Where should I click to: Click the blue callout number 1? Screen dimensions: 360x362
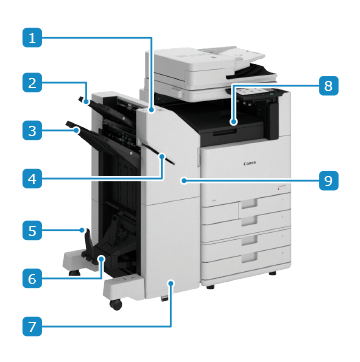pos(32,38)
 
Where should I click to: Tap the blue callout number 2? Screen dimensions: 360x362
pos(32,82)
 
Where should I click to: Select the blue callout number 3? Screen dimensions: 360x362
pos(32,130)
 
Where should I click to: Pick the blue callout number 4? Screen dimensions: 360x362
pos(32,180)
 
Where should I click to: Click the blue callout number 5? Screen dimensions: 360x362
pos(32,230)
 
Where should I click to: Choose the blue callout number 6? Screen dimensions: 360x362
pos(32,278)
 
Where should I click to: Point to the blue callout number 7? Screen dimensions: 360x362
pos(32,326)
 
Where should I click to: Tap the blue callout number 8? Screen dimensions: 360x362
pos(328,86)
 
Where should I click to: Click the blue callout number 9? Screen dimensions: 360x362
pos(328,180)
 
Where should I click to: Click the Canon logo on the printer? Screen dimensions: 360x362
pos(250,163)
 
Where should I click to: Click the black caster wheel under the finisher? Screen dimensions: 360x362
pos(116,304)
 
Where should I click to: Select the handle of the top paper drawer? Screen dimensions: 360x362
pos(250,203)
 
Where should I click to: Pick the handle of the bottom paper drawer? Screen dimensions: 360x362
pos(250,257)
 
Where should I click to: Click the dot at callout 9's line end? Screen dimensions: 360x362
pos(183,180)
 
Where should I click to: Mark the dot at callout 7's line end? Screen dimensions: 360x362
pos(171,283)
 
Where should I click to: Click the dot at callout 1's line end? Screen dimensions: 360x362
pos(151,109)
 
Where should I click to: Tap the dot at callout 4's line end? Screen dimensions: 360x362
pos(162,156)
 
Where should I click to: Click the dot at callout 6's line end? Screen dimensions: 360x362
pos(101,258)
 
